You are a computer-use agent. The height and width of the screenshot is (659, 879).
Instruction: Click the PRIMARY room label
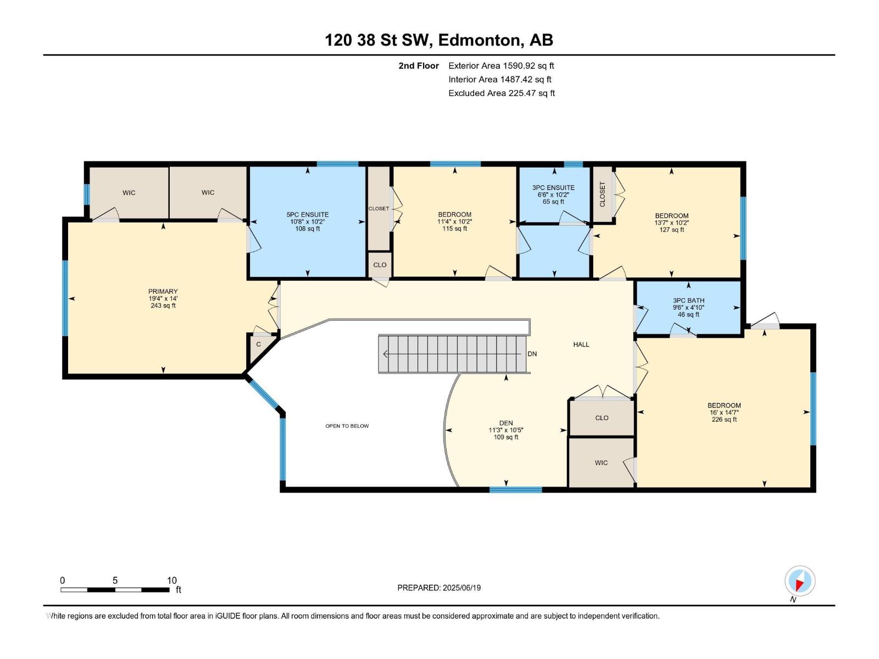pyautogui.click(x=163, y=298)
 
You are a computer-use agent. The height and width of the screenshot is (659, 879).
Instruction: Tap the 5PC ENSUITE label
pyautogui.click(x=307, y=221)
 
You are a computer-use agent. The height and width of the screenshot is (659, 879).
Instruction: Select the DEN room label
pyautogui.click(x=506, y=430)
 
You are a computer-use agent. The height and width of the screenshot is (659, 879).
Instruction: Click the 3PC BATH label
pyautogui.click(x=688, y=308)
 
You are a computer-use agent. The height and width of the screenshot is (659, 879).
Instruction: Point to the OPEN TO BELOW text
pyautogui.click(x=347, y=426)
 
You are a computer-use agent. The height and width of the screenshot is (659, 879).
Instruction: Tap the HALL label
pyautogui.click(x=581, y=344)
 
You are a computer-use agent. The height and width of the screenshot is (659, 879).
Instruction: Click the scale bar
pyautogui.click(x=115, y=590)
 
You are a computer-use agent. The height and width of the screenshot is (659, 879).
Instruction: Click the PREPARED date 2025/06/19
pyautogui.click(x=439, y=588)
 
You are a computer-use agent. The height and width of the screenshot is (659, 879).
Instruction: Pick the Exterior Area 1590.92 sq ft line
pyautogui.click(x=500, y=65)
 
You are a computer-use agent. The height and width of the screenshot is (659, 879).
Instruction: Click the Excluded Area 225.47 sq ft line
pyautogui.click(x=501, y=93)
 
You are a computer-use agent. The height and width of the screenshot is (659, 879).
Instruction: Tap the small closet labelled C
pyautogui.click(x=258, y=345)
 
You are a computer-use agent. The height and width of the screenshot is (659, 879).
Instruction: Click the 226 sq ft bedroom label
pyautogui.click(x=724, y=412)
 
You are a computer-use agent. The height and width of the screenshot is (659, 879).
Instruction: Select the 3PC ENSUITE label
pyautogui.click(x=553, y=194)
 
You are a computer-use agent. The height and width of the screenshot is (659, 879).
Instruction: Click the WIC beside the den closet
pyautogui.click(x=601, y=462)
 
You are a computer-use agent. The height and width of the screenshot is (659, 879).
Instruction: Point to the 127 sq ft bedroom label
pyautogui.click(x=671, y=222)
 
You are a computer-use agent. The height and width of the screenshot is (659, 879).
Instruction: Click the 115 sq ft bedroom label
pyautogui.click(x=454, y=221)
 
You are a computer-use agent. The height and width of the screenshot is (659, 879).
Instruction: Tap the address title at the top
pyautogui.click(x=439, y=40)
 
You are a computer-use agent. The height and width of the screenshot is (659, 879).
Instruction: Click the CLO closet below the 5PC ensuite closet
pyautogui.click(x=380, y=265)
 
